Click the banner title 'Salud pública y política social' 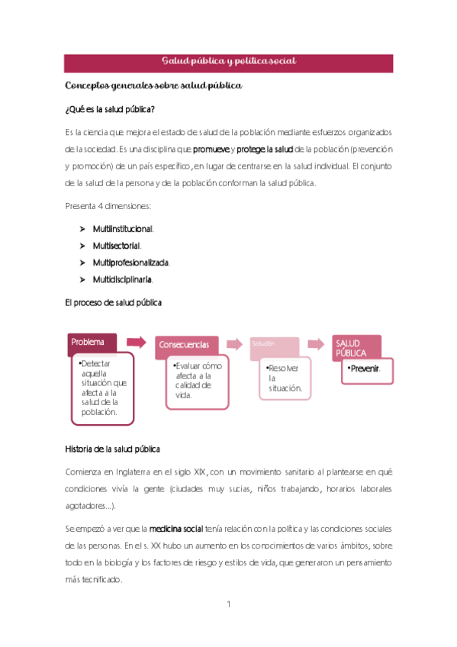click(228, 61)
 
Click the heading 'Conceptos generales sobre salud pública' click(153, 85)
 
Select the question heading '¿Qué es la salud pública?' click(111, 109)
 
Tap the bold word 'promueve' click(213, 149)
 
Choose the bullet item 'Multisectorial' click(116, 246)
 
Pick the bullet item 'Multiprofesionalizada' click(130, 262)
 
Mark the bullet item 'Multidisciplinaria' click(122, 279)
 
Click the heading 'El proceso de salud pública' click(114, 303)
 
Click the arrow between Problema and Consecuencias click(137, 340)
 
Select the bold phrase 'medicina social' click(182, 529)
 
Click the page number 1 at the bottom click(228, 604)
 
